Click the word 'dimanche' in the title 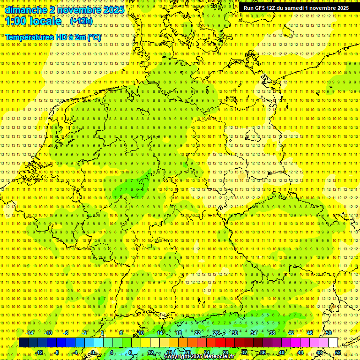(23, 10)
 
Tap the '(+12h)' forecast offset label (81, 21)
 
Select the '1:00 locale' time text (33, 22)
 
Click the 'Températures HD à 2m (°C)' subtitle (53, 37)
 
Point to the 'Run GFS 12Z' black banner (296, 8)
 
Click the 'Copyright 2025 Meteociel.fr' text (199, 357)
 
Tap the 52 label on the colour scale (338, 352)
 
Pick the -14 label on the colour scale (30, 333)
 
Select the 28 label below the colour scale (225, 352)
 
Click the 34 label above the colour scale (254, 333)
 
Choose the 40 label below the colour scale (282, 352)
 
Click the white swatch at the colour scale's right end (333, 343)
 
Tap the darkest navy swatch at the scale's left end (23, 343)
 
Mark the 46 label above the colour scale (310, 333)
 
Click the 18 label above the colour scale (179, 333)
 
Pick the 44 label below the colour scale (300, 352)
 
